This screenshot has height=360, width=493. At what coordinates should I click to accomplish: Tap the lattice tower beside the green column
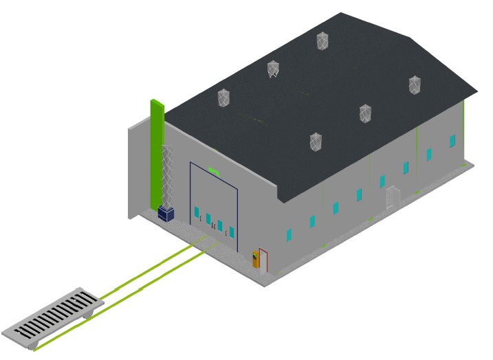pyautogui.click(x=167, y=175)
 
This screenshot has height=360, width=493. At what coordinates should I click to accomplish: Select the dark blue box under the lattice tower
pyautogui.click(x=166, y=213)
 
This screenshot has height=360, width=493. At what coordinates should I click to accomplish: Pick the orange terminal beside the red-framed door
pyautogui.click(x=256, y=259)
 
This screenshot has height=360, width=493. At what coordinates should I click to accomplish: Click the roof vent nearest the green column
pyautogui.click(x=223, y=98)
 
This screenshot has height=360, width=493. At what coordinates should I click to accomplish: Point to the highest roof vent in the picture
pyautogui.click(x=322, y=41)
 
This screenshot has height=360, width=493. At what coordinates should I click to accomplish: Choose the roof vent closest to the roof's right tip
pyautogui.click(x=415, y=85)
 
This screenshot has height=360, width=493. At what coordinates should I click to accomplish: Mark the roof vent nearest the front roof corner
pyautogui.click(x=316, y=142)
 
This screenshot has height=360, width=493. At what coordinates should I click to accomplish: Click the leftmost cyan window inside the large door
pyautogui.click(x=197, y=212)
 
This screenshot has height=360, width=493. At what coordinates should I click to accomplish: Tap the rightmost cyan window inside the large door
pyautogui.click(x=232, y=232)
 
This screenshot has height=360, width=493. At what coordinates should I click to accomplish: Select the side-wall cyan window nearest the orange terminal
pyautogui.click(x=289, y=235)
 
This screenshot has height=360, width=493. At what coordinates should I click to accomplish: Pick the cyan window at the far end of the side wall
pyautogui.click(x=452, y=141)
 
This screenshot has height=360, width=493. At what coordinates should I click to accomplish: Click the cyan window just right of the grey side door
pyautogui.click(x=406, y=167)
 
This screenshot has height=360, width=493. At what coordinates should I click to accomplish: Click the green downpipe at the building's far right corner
pyautogui.click(x=464, y=131)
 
